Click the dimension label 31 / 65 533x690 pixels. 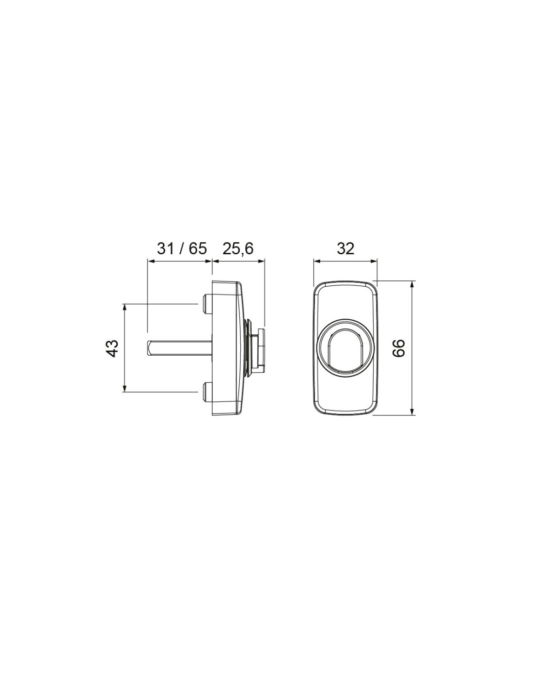(182, 248)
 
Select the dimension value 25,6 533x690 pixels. (237, 249)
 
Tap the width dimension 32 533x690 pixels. (345, 249)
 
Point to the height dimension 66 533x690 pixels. (399, 348)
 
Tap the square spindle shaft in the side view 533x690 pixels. (179, 348)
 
